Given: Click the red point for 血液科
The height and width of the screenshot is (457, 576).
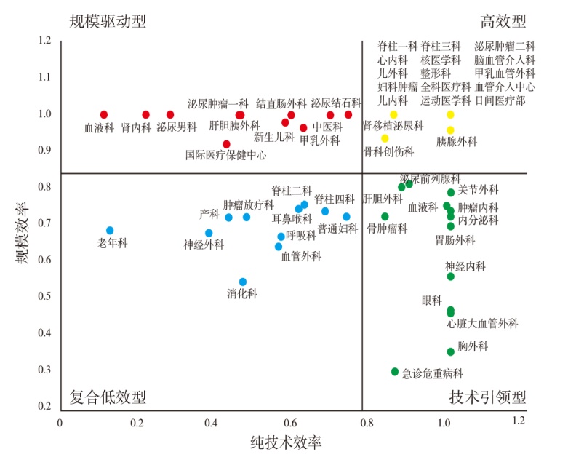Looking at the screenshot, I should tap(104, 115).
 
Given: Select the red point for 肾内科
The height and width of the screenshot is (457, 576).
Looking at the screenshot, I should tap(145, 115).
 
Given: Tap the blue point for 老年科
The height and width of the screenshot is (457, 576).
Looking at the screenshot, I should tap(110, 231).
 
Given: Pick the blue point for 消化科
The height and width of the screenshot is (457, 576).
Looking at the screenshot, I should tap(243, 282).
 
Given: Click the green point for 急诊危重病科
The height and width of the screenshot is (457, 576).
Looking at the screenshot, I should tap(395, 372).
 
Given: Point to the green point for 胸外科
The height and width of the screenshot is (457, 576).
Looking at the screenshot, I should tap(451, 352).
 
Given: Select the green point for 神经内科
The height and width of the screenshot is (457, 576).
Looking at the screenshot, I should tap(451, 277).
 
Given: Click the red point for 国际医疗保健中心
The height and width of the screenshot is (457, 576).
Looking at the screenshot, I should tap(226, 144).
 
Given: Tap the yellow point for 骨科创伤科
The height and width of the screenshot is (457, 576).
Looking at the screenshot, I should tap(385, 138).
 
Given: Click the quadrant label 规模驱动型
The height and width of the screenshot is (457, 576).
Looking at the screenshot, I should tap(108, 21).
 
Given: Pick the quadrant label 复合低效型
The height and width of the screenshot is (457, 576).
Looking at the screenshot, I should tap(108, 397).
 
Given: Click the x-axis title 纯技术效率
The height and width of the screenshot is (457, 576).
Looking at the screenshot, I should tap(286, 442).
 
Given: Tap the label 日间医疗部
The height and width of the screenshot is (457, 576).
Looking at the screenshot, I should tap(500, 100).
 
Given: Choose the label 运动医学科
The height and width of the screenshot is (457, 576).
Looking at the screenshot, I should tap(446, 100).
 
